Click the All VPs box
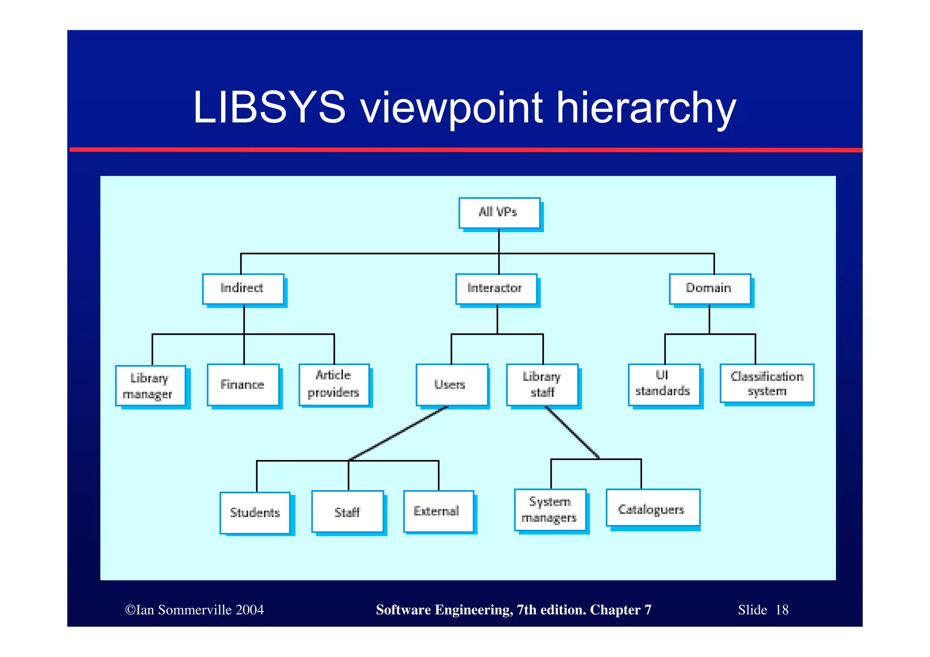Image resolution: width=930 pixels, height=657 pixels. pyautogui.click(x=499, y=212)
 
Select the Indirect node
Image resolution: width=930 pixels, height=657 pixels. pyautogui.click(x=243, y=289)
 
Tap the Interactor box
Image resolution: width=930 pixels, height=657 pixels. pyautogui.click(x=496, y=289)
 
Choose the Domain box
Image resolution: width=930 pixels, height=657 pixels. pyautogui.click(x=709, y=289)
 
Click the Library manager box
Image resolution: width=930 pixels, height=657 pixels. pyautogui.click(x=150, y=386)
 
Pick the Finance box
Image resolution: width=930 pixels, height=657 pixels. pyautogui.click(x=243, y=385)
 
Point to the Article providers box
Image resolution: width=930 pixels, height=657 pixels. pyautogui.click(x=334, y=385)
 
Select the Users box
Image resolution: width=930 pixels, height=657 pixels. pyautogui.click(x=451, y=385)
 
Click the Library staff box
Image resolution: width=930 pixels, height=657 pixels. pyautogui.click(x=542, y=385)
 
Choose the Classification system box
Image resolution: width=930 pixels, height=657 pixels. pyautogui.click(x=767, y=384)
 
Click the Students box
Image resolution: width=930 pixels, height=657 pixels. pyautogui.click(x=255, y=513)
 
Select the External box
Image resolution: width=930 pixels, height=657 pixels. pyautogui.click(x=438, y=512)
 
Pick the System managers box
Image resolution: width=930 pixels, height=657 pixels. pyautogui.click(x=550, y=510)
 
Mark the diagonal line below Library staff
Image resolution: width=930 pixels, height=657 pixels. pyautogui.click(x=572, y=433)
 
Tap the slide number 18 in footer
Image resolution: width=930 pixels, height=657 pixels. pyautogui.click(x=782, y=610)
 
